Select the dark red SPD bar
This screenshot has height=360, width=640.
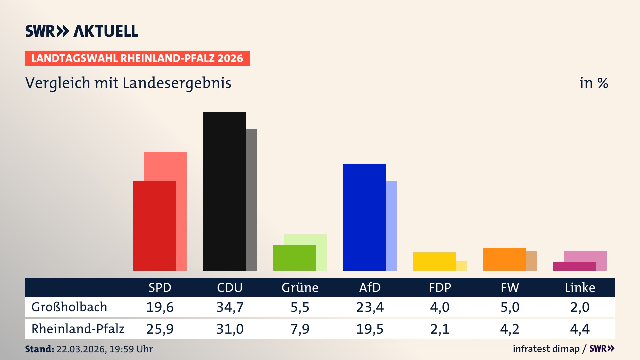point(154,225)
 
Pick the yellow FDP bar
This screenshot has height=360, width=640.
point(434,261)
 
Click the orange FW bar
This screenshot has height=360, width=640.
point(504,259)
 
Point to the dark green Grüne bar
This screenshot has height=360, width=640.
point(294,258)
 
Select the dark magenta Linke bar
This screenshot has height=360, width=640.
point(574,266)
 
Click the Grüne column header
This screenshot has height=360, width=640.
point(300,287)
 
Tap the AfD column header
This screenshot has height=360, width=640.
point(370,287)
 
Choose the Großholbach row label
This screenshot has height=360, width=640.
point(69,307)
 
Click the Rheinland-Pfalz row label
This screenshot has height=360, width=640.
point(78,329)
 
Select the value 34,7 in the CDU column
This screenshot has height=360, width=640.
point(230,307)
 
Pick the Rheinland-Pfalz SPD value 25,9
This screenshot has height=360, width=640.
point(160,329)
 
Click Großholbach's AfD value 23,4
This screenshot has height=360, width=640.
point(370,307)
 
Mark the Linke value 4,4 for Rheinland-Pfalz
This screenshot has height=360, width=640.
point(580,329)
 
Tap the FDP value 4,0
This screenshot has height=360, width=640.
point(440,307)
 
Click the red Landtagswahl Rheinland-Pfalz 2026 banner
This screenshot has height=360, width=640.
point(137,58)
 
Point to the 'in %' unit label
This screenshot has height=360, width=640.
point(593,83)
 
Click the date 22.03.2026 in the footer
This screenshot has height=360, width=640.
point(81,349)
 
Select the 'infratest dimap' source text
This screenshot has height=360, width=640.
point(546,349)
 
